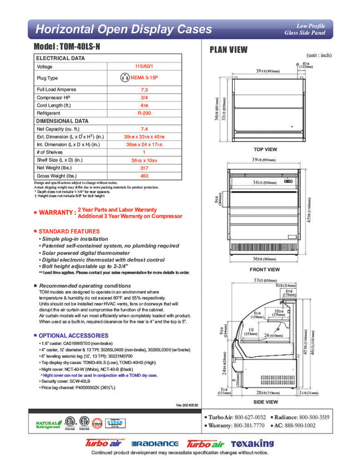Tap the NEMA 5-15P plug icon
point(124,78)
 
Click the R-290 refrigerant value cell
point(144,113)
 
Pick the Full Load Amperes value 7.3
point(144,89)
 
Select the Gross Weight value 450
point(144,176)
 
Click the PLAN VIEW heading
point(230,49)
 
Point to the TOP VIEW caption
point(265,150)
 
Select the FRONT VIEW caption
point(265,270)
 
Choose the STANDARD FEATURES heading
point(71,230)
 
